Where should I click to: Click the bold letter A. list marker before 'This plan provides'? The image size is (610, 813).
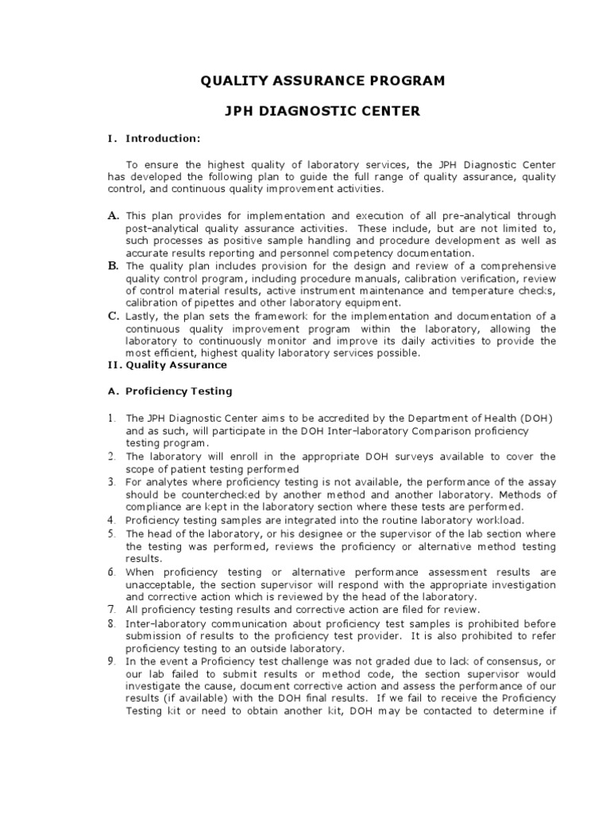pyautogui.click(x=114, y=215)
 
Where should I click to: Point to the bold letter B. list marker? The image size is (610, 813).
pyautogui.click(x=114, y=265)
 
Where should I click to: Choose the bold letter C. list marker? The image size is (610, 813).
pyautogui.click(x=114, y=315)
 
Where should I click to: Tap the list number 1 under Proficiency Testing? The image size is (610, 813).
pyautogui.click(x=112, y=418)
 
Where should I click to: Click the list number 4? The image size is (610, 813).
pyautogui.click(x=113, y=518)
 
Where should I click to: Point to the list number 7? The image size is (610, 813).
pyautogui.click(x=113, y=609)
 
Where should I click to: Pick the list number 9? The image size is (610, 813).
pyautogui.click(x=113, y=661)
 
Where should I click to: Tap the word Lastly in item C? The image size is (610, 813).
pyautogui.click(x=142, y=316)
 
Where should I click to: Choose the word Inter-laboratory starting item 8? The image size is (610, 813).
pyautogui.click(x=164, y=622)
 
